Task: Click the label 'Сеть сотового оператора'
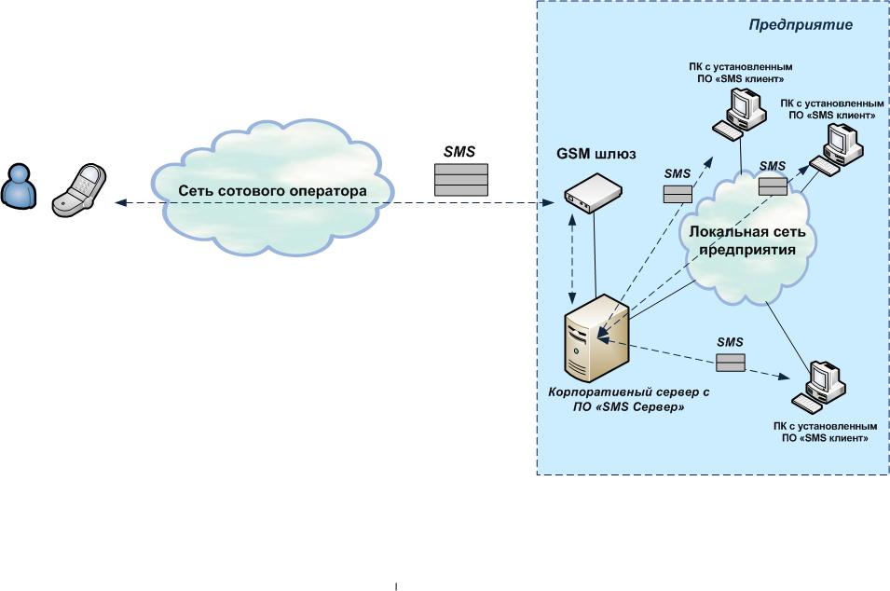tap(271, 191)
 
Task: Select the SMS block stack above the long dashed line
tap(461, 180)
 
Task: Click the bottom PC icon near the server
tap(821, 387)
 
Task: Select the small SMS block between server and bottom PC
tap(731, 363)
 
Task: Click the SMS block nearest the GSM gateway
tap(677, 194)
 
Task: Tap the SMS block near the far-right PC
tap(772, 186)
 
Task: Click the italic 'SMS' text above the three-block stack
tap(459, 152)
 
